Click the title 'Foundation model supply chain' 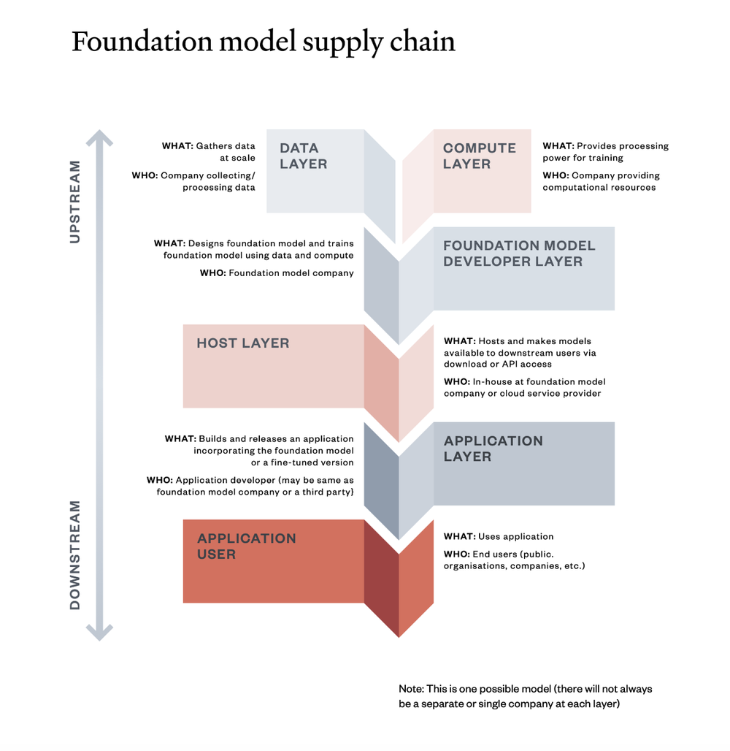click(x=263, y=42)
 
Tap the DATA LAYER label click(x=304, y=156)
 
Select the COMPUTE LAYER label click(x=479, y=156)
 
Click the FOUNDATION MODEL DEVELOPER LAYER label click(x=519, y=253)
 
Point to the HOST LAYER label click(x=242, y=343)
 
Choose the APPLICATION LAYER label click(x=493, y=449)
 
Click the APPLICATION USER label click(x=246, y=546)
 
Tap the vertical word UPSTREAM click(x=74, y=202)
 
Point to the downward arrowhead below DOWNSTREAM click(x=99, y=633)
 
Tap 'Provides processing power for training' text click(x=605, y=152)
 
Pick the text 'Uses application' click(x=515, y=536)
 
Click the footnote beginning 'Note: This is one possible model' click(x=525, y=696)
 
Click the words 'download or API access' click(x=497, y=364)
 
